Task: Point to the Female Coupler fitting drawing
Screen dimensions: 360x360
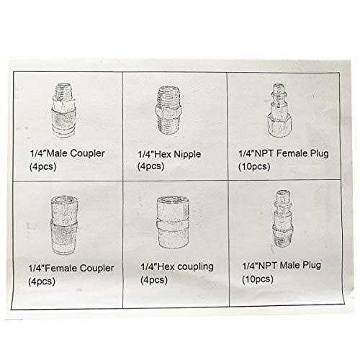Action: coord(60,226)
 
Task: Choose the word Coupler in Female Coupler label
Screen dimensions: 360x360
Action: coord(96,269)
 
